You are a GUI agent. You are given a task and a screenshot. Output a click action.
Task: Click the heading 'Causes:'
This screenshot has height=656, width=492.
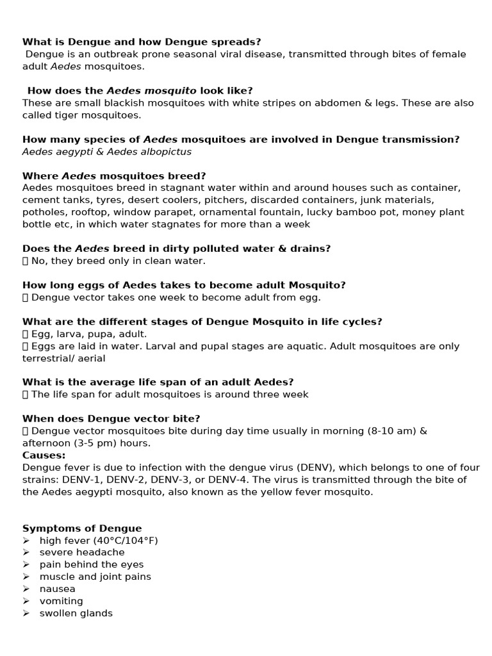point(44,455)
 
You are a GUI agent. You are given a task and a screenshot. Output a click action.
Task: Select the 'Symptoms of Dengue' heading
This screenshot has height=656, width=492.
point(82,529)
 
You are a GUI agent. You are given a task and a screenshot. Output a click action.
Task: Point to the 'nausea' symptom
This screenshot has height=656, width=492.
point(57,589)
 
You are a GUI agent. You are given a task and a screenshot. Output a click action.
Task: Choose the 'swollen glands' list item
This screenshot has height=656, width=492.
point(76,613)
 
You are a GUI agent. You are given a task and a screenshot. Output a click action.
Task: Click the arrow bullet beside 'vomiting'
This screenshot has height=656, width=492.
point(26,601)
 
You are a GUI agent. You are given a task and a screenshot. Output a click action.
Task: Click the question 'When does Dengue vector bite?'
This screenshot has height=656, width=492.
point(111,419)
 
